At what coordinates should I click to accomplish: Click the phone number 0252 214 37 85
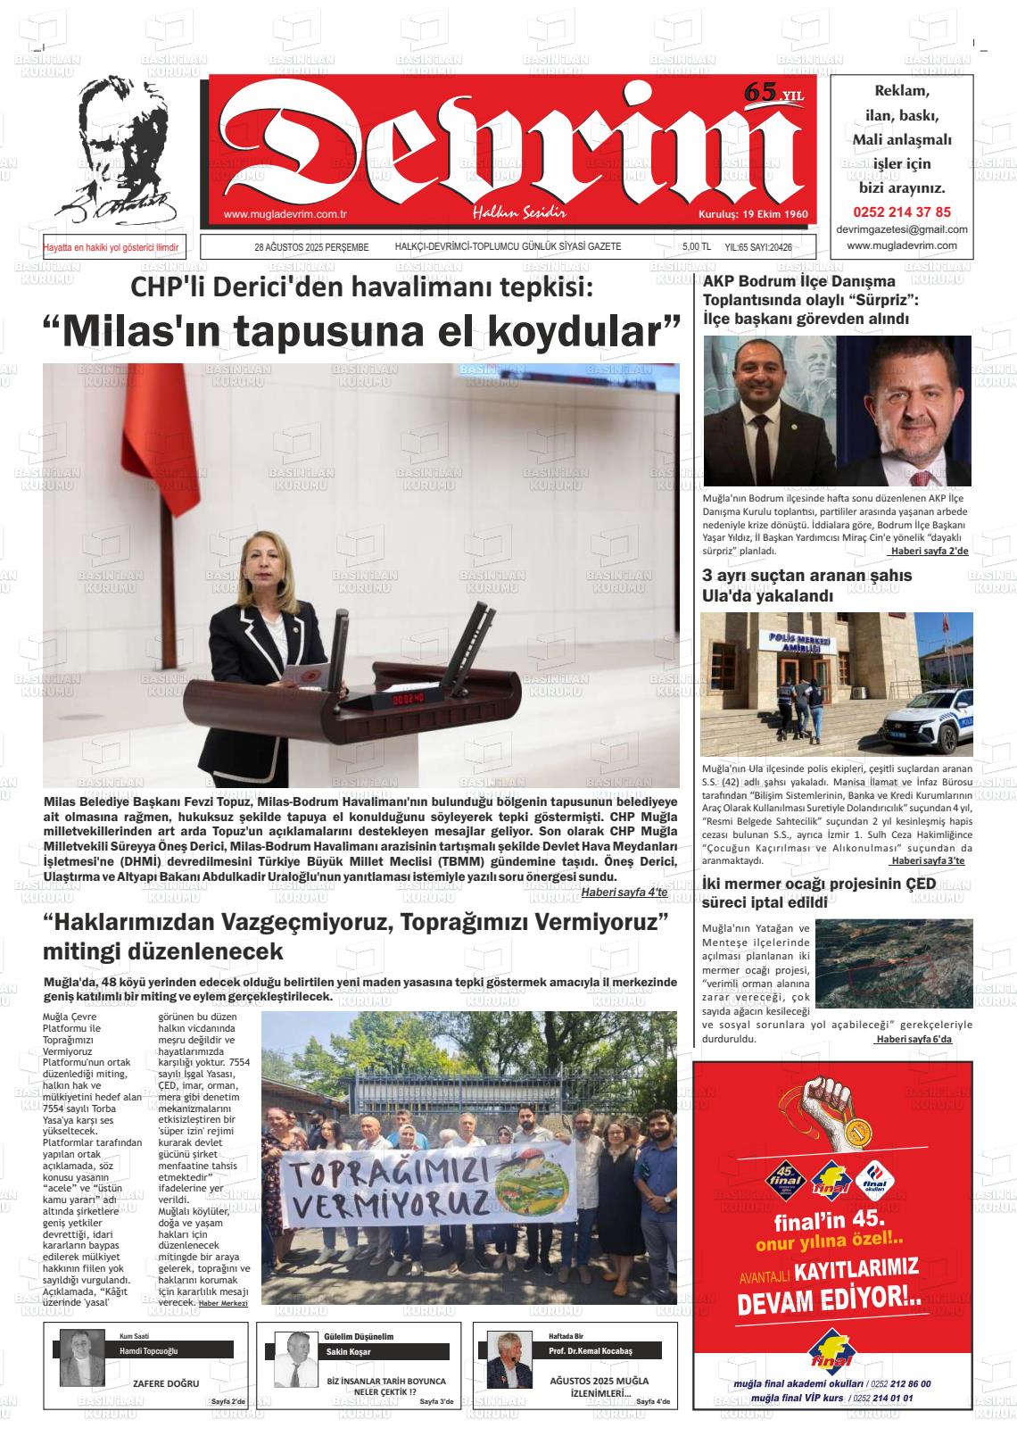[x=902, y=212]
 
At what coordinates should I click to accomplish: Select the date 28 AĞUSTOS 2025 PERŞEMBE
[x=311, y=247]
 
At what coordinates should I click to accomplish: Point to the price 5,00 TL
[x=696, y=247]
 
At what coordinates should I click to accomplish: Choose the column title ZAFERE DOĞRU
[x=166, y=1384]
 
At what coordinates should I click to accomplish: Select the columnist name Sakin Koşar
[x=347, y=1351]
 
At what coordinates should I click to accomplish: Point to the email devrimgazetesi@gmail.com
[x=902, y=229]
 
